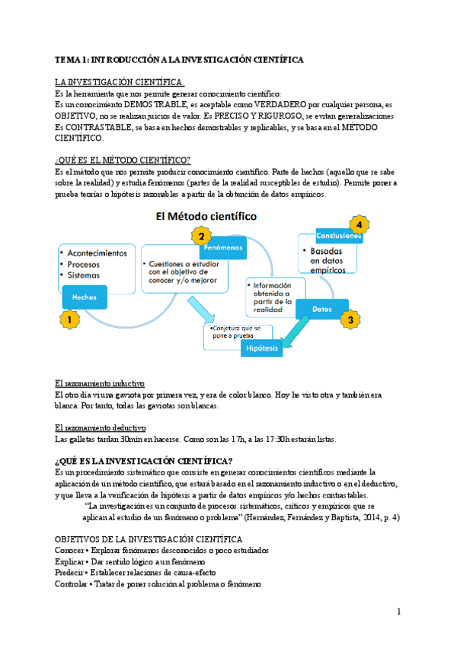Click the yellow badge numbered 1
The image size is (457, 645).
coord(69,321)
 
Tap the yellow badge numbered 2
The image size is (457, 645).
coord(200,235)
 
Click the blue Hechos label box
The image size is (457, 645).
coord(85,297)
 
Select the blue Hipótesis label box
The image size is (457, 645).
coord(261,348)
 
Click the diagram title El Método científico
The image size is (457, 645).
coord(206,217)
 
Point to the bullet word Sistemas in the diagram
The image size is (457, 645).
coord(84,275)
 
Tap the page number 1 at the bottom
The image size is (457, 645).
coord(398,612)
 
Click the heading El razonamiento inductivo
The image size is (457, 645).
coord(100,384)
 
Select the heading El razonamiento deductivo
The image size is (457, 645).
coord(101,428)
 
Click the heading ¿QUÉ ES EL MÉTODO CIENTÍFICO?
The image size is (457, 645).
coord(123,160)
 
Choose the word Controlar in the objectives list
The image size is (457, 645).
coord(72,583)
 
